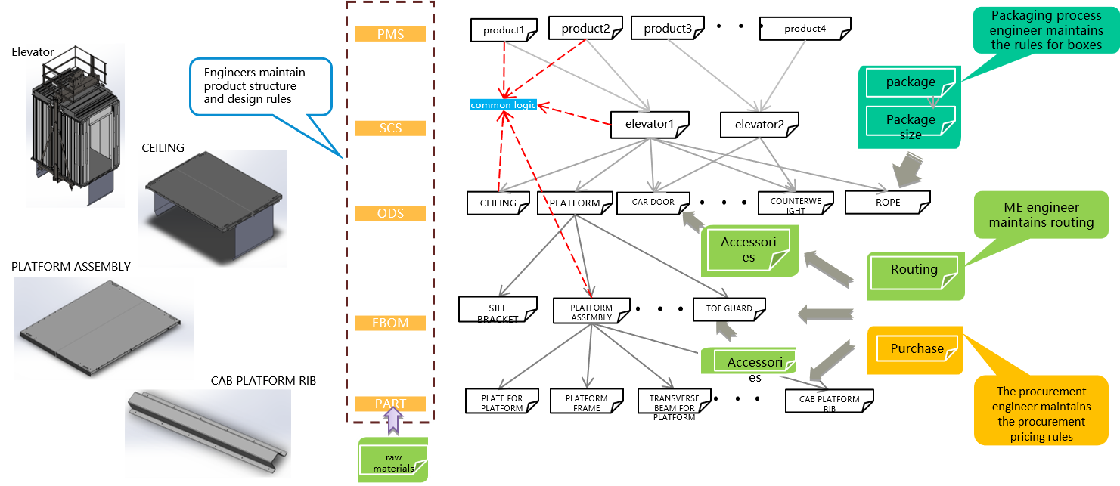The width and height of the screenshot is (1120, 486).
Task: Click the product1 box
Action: (x=504, y=30)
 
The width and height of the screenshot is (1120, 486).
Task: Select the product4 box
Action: (x=805, y=29)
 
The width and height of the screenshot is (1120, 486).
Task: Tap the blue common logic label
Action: (x=503, y=105)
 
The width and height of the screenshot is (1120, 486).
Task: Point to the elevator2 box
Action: (x=759, y=125)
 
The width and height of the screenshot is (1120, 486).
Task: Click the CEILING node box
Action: (x=498, y=203)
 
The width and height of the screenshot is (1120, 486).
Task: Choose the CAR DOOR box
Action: (x=653, y=203)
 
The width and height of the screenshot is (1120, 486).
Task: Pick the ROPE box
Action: (x=888, y=203)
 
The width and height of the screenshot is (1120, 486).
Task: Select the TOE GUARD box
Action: (x=729, y=309)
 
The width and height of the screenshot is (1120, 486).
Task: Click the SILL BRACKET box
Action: (x=498, y=310)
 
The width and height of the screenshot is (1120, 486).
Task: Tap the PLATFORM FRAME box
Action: (x=587, y=401)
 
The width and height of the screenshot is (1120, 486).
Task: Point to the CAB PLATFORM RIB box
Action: (x=829, y=401)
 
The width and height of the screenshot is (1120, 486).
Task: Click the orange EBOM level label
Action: (x=390, y=323)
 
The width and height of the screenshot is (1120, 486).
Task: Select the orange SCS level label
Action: (x=390, y=128)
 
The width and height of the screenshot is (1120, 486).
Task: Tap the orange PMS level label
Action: (x=390, y=34)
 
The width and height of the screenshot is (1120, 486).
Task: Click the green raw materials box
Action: (x=393, y=460)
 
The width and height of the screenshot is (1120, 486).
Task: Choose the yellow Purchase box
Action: (x=915, y=350)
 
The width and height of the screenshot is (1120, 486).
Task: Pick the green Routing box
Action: (x=915, y=276)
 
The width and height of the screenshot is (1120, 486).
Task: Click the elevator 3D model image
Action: (x=75, y=125)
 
